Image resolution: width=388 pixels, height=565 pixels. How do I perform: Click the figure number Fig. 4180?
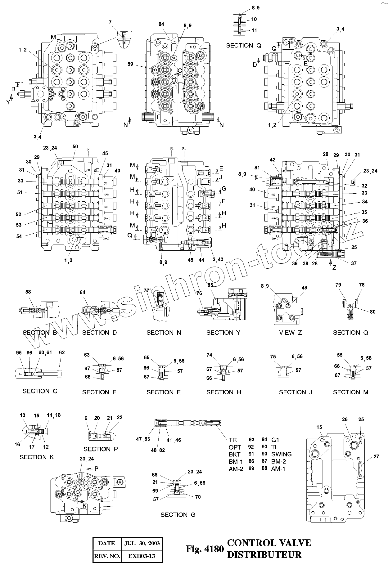205,549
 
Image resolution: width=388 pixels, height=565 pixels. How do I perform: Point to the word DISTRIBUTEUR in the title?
264,554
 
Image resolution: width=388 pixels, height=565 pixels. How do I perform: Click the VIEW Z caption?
290,333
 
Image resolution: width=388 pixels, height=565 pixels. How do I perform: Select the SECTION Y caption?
223,333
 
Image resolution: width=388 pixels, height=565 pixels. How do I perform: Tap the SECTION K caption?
37,457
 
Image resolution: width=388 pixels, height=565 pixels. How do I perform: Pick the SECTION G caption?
178,515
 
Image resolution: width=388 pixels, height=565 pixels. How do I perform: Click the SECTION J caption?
296,392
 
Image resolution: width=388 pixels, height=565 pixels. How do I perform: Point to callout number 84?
161,24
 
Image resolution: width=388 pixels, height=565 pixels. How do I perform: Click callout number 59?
130,64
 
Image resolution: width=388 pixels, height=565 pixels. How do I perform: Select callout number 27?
376,457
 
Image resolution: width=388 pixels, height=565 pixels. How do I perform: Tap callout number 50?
75,146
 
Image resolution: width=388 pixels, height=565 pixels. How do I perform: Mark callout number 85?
210,285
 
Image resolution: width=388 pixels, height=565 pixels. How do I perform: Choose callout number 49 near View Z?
305,288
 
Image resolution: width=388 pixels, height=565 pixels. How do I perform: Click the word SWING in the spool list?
281,454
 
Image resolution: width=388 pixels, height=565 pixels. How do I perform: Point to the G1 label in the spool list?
275,440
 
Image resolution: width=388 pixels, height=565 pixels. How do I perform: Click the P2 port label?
172,149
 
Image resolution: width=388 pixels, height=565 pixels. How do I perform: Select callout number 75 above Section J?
273,356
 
